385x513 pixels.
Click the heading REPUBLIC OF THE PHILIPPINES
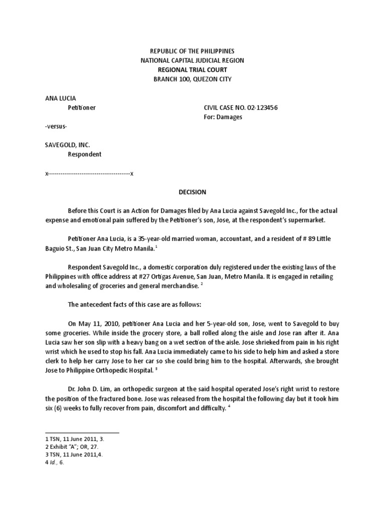pyautogui.click(x=192, y=52)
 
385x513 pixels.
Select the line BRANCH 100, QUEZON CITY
pyautogui.click(x=192, y=79)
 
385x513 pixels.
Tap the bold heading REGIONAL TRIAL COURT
pyautogui.click(x=192, y=70)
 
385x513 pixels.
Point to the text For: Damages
pyautogui.click(x=223, y=117)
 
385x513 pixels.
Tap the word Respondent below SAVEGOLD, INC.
pyautogui.click(x=84, y=154)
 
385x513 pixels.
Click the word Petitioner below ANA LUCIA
pyautogui.click(x=82, y=107)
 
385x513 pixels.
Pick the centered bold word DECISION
pyautogui.click(x=192, y=192)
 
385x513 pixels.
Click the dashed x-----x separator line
pyautogui.click(x=89, y=173)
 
